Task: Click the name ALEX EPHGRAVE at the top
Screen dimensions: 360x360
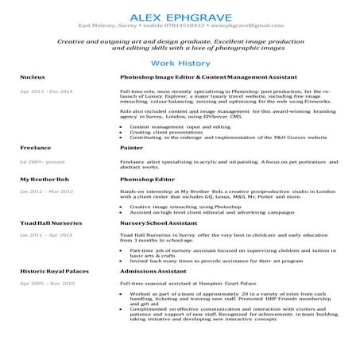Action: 180,16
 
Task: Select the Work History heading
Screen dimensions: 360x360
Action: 180,62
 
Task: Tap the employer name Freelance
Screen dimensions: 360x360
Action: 36,148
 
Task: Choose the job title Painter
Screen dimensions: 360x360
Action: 131,148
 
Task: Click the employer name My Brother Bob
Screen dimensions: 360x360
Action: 45,180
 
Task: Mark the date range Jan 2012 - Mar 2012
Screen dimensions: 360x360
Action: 46,192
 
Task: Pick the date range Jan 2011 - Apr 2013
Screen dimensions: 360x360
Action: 46,236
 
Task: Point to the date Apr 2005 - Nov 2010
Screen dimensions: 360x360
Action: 47,283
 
